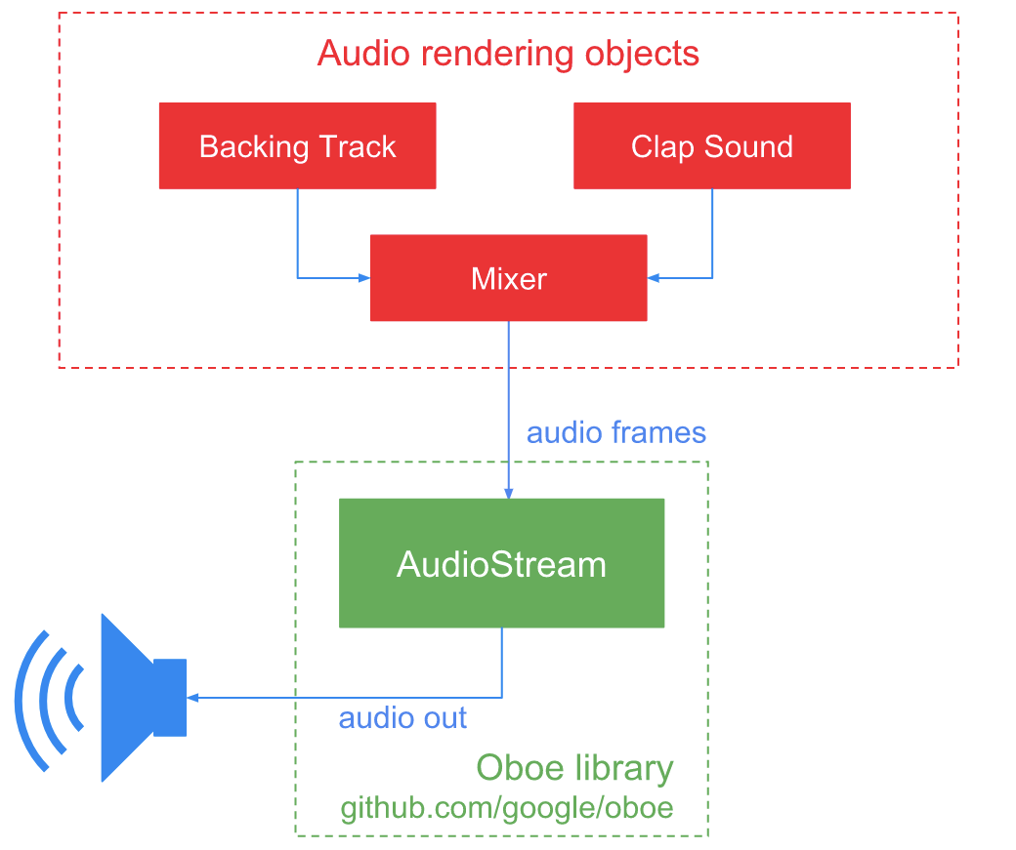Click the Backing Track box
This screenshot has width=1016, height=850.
click(x=297, y=146)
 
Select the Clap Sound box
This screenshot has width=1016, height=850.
click(x=711, y=146)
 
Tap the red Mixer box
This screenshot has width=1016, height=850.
click(x=508, y=278)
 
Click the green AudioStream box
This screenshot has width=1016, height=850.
click(x=501, y=564)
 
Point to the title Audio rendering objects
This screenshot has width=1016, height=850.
click(x=508, y=53)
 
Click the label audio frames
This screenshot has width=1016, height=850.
click(x=615, y=432)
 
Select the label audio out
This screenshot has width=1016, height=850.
click(x=402, y=718)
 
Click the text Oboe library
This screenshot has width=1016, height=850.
click(x=574, y=768)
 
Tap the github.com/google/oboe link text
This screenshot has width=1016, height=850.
click(x=506, y=809)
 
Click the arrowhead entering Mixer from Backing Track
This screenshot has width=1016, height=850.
click(x=364, y=278)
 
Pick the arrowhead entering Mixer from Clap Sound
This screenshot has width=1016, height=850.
click(x=654, y=278)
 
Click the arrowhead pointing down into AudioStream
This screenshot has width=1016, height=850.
click(x=508, y=493)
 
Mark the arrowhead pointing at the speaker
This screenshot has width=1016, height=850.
click(x=192, y=698)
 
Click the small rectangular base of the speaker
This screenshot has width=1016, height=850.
click(x=170, y=698)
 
